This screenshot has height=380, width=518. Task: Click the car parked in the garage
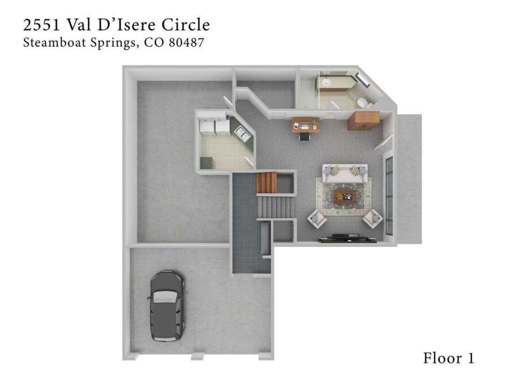click(167, 306)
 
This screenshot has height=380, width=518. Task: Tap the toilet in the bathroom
click(364, 102)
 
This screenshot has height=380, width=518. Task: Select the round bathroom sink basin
click(327, 82)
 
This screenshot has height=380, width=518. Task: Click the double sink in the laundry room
click(242, 134)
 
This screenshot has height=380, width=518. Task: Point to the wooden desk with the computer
click(305, 125)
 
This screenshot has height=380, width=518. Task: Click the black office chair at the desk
click(305, 136)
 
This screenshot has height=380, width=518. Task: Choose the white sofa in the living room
click(345, 173)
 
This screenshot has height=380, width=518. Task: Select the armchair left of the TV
click(317, 218)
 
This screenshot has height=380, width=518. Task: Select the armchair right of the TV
click(372, 218)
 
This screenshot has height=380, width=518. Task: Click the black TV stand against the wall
click(347, 238)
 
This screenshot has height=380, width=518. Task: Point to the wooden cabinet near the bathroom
click(363, 120)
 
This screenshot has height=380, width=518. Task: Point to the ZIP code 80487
click(186, 43)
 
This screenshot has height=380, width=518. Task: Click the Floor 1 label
click(448, 358)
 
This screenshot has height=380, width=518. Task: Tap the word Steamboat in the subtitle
click(55, 43)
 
